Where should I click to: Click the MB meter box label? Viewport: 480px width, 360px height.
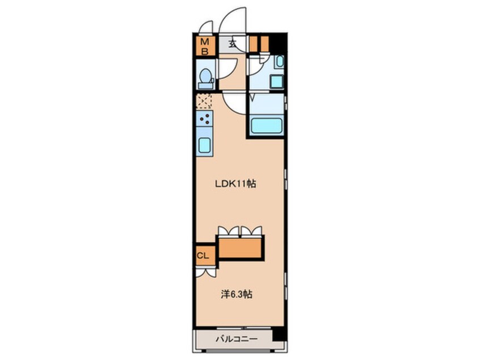click(x=204, y=46)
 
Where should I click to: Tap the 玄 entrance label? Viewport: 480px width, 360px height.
click(x=233, y=44)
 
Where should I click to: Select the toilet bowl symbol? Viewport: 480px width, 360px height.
click(x=205, y=78)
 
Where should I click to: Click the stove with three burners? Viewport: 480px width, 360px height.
click(x=204, y=119)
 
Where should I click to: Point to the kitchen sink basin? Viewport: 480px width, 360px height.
click(x=204, y=145)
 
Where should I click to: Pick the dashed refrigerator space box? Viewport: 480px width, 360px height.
click(x=204, y=102)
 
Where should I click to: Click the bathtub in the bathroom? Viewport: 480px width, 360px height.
click(x=266, y=125)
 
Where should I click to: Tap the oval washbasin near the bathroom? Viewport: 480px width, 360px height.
click(x=280, y=61)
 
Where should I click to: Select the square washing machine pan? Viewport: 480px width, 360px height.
click(x=277, y=82)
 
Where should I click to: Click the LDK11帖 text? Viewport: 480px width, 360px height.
click(x=235, y=184)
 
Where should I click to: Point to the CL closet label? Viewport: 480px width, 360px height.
click(x=203, y=255)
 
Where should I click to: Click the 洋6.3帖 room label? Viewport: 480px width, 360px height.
click(x=237, y=295)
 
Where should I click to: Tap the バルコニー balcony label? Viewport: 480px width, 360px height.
click(x=237, y=339)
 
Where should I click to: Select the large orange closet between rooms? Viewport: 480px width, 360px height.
click(x=241, y=248)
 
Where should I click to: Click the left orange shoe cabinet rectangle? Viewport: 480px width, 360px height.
click(x=252, y=44)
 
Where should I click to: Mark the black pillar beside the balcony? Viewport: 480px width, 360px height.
click(x=280, y=334)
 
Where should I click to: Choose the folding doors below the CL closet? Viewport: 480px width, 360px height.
click(x=206, y=273)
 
